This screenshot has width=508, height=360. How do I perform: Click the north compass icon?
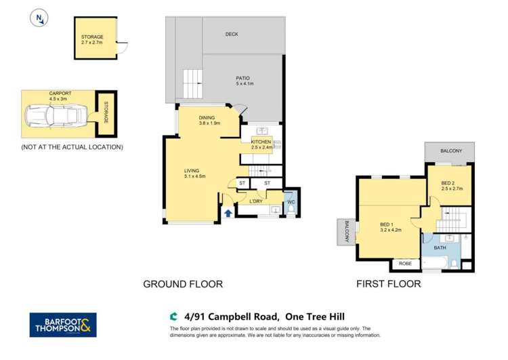pyautogui.click(x=39, y=18)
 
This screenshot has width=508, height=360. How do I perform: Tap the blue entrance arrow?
pyautogui.click(x=228, y=214)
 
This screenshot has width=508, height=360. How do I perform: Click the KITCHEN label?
pyautogui.click(x=261, y=142)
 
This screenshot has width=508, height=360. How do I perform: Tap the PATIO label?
pyautogui.click(x=244, y=80)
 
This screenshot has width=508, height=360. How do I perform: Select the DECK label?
pyautogui.click(x=232, y=33)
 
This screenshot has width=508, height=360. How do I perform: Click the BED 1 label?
pyautogui.click(x=390, y=225)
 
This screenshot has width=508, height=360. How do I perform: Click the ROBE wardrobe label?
pyautogui.click(x=405, y=263)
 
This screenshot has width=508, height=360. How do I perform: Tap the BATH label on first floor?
pyautogui.click(x=440, y=247)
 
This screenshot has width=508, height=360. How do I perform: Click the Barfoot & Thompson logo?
pyautogui.click(x=63, y=325)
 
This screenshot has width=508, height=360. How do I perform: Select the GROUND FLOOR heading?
pyautogui.click(x=182, y=284)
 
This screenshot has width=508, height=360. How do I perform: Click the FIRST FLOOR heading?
pyautogui.click(x=389, y=284)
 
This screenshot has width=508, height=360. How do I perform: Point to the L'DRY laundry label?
pyautogui.click(x=256, y=201)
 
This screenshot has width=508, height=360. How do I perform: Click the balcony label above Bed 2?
pyautogui.click(x=450, y=151)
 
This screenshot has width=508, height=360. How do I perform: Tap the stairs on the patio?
pyautogui.click(x=193, y=85)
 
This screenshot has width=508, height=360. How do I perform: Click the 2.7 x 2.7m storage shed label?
pyautogui.click(x=92, y=40)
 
